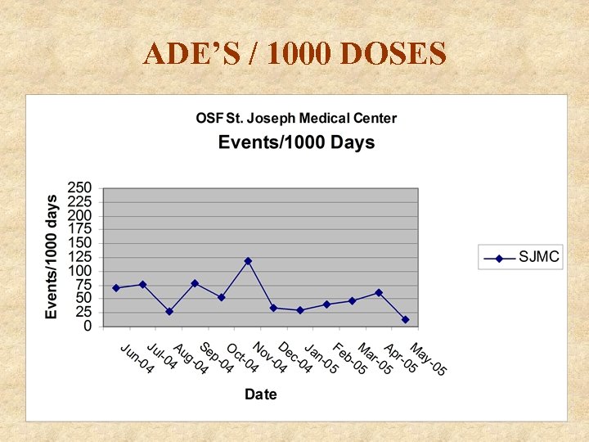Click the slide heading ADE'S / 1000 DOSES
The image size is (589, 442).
click(294, 54)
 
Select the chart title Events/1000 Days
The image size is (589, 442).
click(296, 142)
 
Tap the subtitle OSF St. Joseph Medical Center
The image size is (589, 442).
click(296, 118)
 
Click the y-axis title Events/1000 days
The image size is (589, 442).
click(52, 257)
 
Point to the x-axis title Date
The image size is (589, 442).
click(261, 395)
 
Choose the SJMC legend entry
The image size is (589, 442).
click(520, 258)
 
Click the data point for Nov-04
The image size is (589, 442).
click(248, 261)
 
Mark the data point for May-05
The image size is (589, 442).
click(405, 319)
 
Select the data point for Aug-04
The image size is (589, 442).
click(169, 312)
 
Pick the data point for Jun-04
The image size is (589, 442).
click(116, 288)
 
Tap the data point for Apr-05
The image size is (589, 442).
click(379, 292)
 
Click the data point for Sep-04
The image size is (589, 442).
click(195, 283)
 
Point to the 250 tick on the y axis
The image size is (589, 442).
click(80, 188)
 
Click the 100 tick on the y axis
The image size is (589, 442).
click(80, 271)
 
